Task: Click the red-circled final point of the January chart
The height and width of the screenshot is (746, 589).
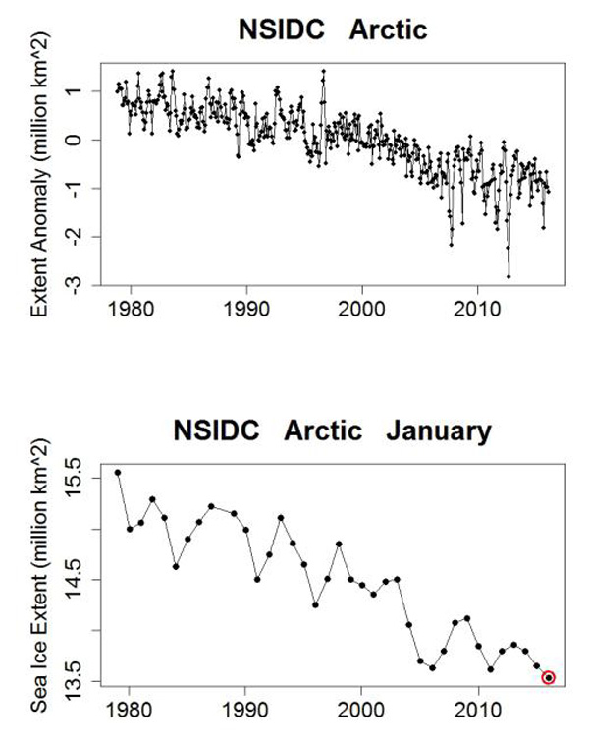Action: coord(548,677)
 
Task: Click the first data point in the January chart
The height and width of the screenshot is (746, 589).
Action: coord(118,472)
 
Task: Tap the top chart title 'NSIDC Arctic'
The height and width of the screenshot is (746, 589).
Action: coord(334,29)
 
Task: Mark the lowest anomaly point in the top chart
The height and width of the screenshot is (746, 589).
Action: coord(509,276)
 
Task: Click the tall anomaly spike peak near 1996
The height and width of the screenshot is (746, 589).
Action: coord(323,71)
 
